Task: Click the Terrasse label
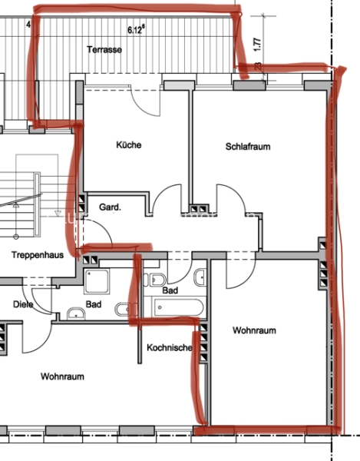pos(104,49)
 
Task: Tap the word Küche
pos(129,144)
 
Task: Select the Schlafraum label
pos(248,147)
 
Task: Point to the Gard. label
pos(110,207)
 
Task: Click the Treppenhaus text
pos(38,254)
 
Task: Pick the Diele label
pos(23,304)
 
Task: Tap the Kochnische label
pos(170,347)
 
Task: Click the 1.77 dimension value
pos(257,45)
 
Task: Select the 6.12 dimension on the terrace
pos(137,29)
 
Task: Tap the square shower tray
pos(97,281)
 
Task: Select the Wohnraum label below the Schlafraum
pos(254,330)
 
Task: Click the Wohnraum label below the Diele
pos(62,376)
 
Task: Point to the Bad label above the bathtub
pos(170,290)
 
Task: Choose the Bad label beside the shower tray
pos(94,304)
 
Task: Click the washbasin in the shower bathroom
pos(76,314)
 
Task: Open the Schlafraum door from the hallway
pos(231,200)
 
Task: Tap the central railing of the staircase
pos(37,204)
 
